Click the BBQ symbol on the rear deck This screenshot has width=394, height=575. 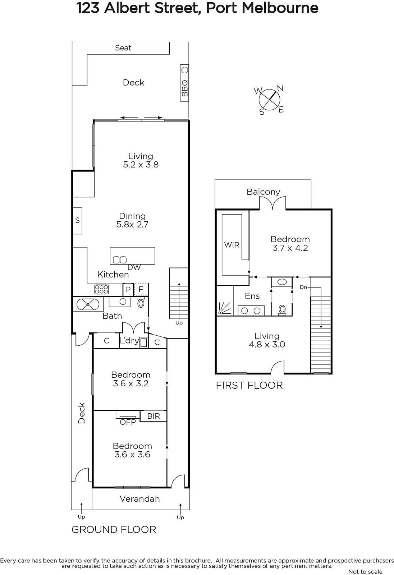click(x=184, y=83)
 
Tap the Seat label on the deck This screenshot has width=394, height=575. click(x=123, y=48)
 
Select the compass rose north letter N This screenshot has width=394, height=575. click(x=280, y=88)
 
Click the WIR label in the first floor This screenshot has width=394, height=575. click(x=232, y=245)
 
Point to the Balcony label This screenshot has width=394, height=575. click(x=263, y=192)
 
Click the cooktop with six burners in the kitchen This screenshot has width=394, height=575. click(x=101, y=290)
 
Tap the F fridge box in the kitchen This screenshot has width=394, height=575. click(x=141, y=290)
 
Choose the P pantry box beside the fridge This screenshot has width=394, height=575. click(x=128, y=290)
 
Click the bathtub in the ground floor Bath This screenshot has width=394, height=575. click(x=88, y=304)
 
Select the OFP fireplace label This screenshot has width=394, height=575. click(x=128, y=422)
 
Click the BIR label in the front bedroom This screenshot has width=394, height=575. click(x=154, y=416)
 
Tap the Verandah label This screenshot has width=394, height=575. click(x=140, y=499)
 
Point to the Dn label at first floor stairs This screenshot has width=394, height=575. click(x=303, y=287)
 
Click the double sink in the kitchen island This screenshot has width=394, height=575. click(x=120, y=260)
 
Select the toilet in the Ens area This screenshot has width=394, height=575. click(x=282, y=310)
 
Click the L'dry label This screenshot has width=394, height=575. click(x=129, y=341)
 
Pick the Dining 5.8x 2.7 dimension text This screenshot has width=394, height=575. click(x=132, y=220)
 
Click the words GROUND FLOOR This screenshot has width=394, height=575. click(x=114, y=530)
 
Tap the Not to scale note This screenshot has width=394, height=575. click(x=365, y=571)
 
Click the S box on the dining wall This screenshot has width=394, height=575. click(x=78, y=221)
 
